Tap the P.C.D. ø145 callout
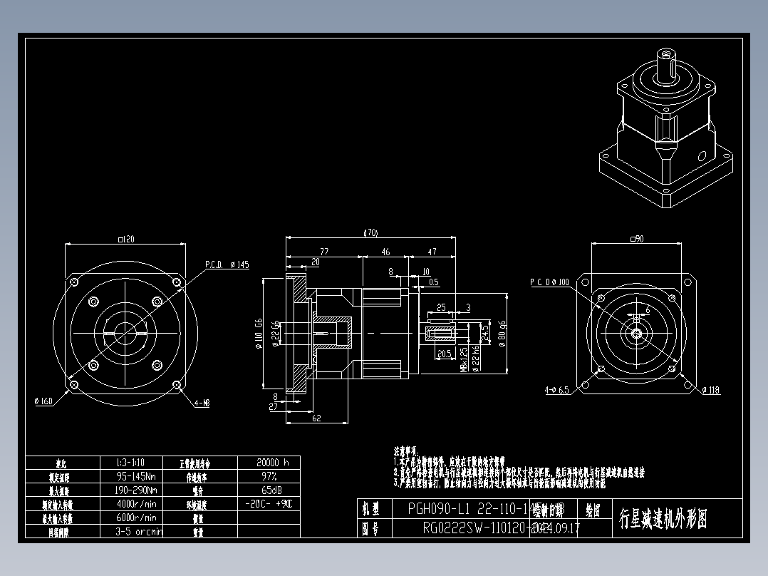(227, 264)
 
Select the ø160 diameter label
(43, 401)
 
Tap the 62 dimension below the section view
(317, 418)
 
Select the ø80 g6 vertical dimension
(502, 331)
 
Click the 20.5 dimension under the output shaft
(445, 354)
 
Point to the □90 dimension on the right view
(636, 239)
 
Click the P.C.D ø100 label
(549, 282)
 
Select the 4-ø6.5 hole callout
(556, 390)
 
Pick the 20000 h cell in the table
(269, 462)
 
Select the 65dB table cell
(269, 490)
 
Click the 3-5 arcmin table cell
(139, 531)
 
